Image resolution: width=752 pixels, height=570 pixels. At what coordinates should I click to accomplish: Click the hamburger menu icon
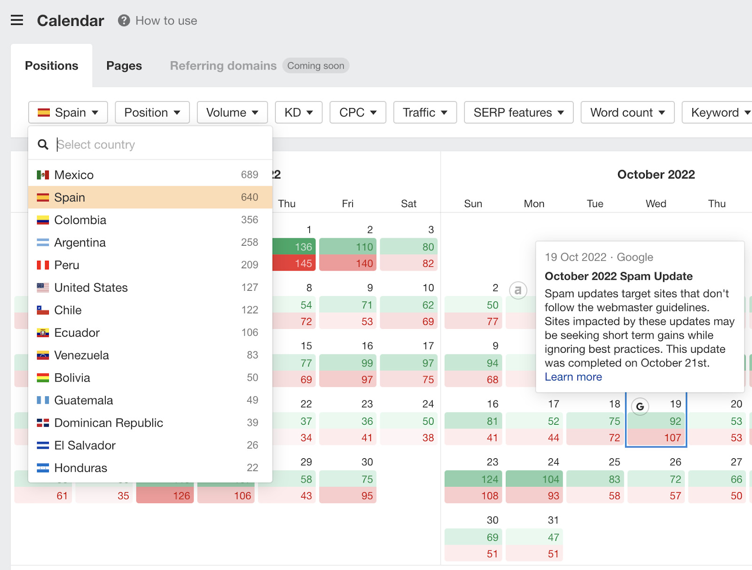tap(17, 20)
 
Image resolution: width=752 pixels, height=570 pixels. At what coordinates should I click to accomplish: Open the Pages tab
tap(124, 66)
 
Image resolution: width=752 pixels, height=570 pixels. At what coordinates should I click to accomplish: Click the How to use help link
tap(158, 21)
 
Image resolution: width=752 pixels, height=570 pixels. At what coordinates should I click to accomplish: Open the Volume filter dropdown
tap(232, 112)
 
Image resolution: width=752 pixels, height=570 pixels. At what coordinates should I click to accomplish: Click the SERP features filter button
tap(518, 112)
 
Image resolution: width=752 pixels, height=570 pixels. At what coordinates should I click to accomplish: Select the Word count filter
tap(627, 112)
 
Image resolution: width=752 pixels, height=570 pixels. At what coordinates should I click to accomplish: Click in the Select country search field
tap(160, 144)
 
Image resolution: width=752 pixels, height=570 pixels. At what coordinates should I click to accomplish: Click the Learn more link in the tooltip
tap(573, 377)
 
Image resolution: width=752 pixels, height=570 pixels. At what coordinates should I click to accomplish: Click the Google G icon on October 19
tap(640, 406)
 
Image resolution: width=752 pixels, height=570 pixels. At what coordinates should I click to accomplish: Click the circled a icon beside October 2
tap(518, 290)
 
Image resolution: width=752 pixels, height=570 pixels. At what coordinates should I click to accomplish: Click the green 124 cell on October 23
tap(473, 479)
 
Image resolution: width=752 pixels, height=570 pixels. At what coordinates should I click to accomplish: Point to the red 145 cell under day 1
tap(291, 264)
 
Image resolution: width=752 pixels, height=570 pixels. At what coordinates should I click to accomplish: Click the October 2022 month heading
tap(656, 174)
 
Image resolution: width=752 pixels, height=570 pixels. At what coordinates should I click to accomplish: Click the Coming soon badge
tap(315, 66)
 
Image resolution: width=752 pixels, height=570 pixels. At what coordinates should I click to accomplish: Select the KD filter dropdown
tap(298, 112)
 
